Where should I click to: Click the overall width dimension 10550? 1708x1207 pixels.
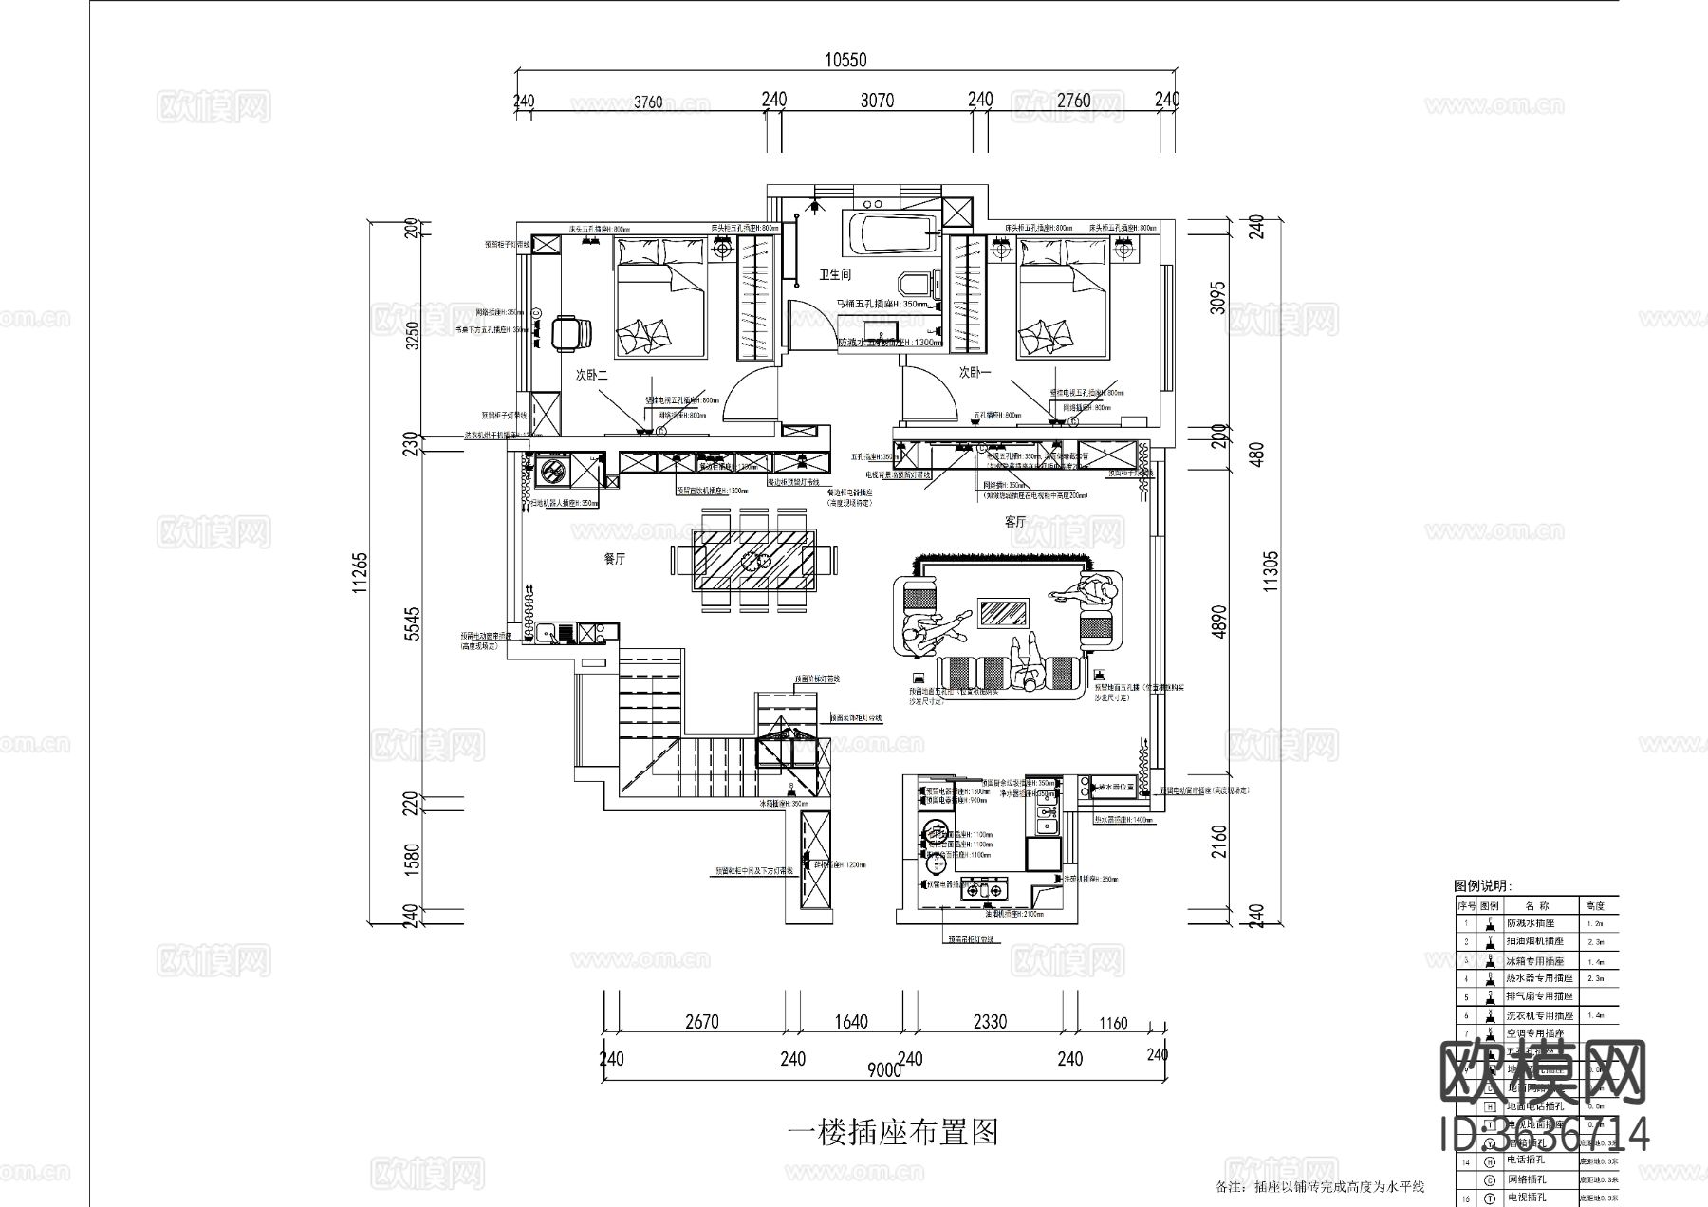845,59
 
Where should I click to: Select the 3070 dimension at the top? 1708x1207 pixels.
876,100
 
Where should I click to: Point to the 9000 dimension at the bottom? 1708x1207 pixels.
883,1071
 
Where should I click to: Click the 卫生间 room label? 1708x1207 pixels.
835,275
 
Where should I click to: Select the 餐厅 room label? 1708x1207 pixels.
615,560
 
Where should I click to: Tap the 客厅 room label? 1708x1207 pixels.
1015,522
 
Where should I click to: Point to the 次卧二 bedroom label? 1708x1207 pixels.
591,376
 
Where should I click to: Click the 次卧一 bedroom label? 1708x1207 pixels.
975,373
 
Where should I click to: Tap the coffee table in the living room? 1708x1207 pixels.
1003,613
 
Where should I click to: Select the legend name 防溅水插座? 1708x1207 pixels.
1531,922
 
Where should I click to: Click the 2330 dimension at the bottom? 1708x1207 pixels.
990,1022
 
